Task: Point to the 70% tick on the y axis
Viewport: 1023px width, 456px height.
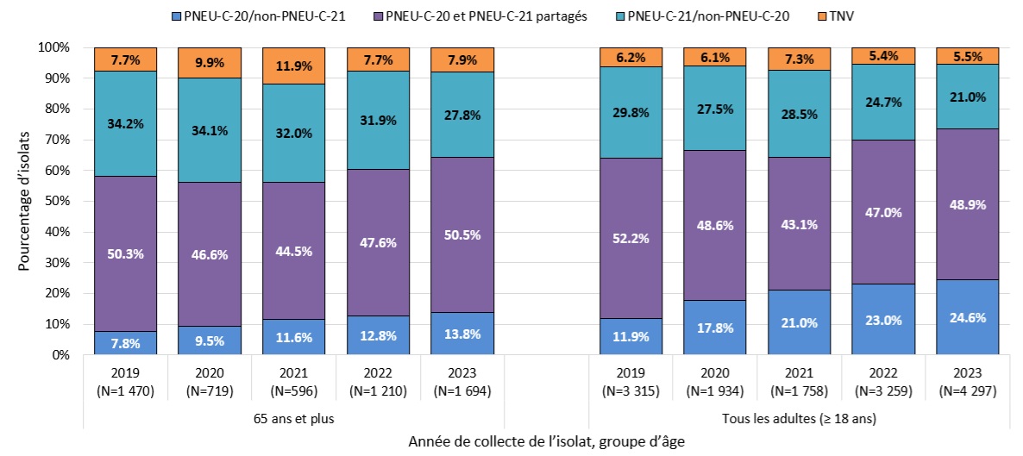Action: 68,140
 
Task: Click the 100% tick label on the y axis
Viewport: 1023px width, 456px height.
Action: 55,47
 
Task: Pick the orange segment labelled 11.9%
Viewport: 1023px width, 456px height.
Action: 294,66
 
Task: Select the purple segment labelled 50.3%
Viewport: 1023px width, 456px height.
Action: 125,253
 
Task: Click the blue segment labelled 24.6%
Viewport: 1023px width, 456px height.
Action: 968,316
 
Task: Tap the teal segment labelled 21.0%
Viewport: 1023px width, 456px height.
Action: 968,97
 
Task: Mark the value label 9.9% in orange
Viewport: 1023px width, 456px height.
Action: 210,62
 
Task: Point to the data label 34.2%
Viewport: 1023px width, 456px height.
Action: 125,123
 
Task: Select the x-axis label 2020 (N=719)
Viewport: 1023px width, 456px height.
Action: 210,383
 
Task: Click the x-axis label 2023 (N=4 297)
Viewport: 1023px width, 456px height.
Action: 968,383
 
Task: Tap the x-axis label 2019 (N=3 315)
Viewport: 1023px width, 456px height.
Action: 631,383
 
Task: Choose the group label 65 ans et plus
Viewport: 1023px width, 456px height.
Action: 294,419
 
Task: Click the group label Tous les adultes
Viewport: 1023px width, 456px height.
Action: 800,419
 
